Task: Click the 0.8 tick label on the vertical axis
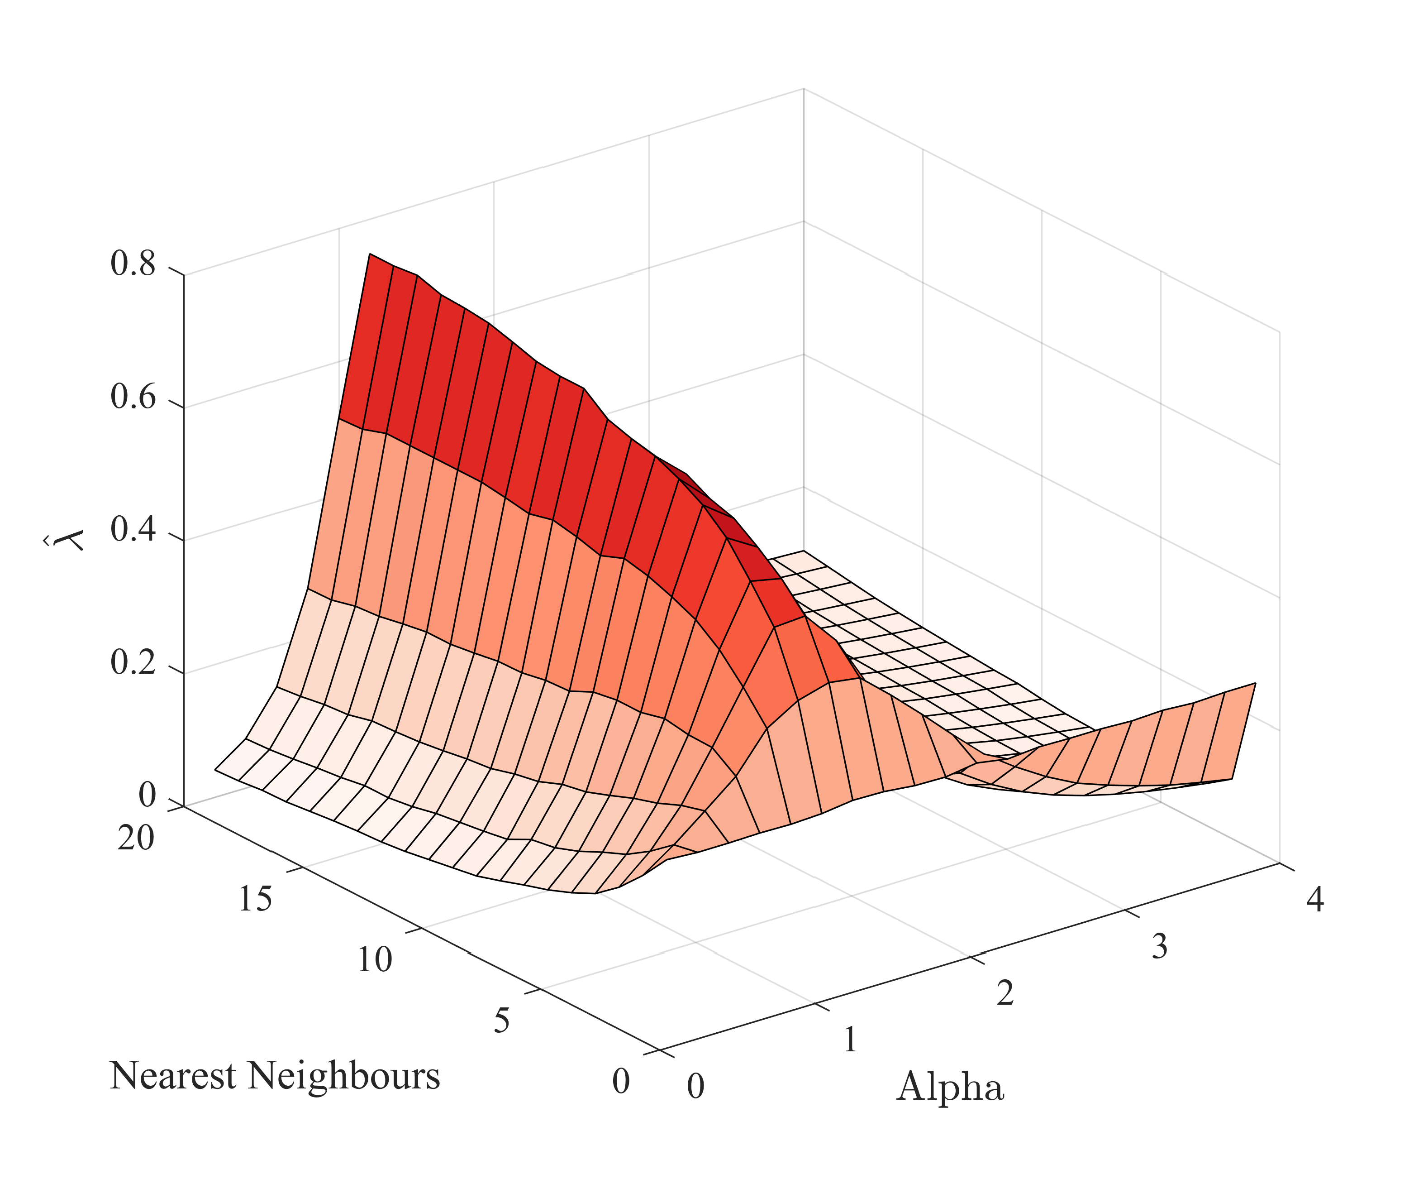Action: click(133, 264)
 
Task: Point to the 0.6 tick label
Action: click(133, 397)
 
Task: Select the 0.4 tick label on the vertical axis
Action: click(133, 530)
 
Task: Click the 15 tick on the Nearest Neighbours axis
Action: click(255, 899)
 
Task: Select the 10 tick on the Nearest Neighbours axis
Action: click(374, 960)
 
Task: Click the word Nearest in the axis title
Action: click(172, 1076)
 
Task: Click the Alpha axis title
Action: click(950, 1087)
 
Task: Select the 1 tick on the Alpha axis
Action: click(850, 1040)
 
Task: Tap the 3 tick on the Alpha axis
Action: click(1159, 947)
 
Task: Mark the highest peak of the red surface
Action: click(370, 254)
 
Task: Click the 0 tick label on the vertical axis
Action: click(147, 796)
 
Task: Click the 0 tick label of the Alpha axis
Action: click(695, 1087)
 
